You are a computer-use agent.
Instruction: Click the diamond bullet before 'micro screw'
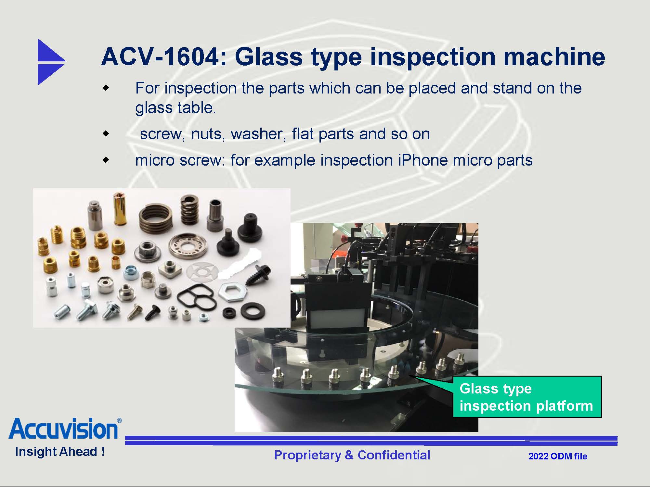point(106,160)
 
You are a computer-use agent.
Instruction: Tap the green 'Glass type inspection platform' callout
point(527,397)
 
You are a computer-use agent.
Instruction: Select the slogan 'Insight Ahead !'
point(60,452)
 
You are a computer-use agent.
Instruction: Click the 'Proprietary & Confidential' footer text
point(352,455)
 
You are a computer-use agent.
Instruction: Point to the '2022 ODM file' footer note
point(558,456)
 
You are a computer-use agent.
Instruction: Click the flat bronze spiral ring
point(155,218)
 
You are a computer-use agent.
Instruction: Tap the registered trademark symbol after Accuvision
point(119,420)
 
